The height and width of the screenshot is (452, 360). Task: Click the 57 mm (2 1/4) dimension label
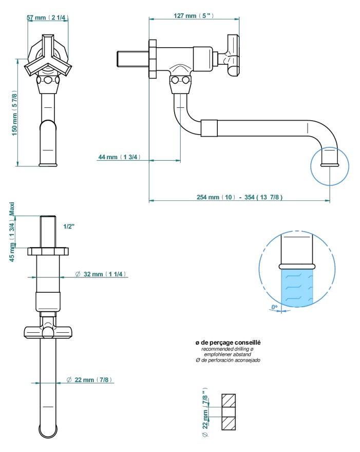(x=48, y=17)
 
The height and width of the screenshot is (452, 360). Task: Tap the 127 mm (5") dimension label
(x=194, y=15)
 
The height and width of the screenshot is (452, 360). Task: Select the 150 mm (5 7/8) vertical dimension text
(x=14, y=112)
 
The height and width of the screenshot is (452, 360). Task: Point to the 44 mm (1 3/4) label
(x=120, y=157)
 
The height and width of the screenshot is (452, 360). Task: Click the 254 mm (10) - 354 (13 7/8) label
(x=239, y=197)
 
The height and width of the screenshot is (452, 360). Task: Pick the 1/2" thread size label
(x=69, y=227)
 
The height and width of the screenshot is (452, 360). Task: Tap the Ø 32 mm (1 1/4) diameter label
(x=101, y=274)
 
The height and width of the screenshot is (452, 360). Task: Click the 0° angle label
(x=274, y=307)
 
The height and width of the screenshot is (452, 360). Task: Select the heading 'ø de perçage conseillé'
(x=228, y=343)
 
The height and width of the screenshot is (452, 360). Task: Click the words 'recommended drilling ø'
(x=228, y=349)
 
